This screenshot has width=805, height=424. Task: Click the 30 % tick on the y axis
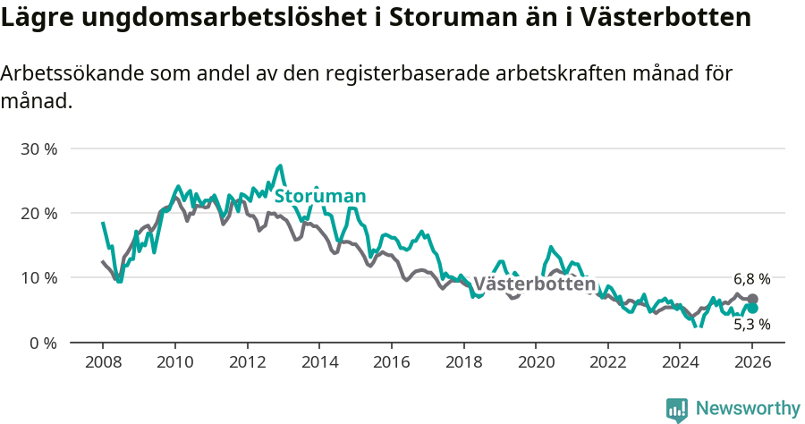pos(38,148)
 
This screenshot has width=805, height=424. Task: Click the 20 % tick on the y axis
pos(38,213)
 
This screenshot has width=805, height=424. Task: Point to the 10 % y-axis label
pos(38,278)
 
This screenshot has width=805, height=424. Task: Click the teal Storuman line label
pos(320,197)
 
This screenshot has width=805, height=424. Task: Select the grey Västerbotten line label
pos(534,284)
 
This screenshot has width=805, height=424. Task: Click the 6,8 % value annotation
pos(751,279)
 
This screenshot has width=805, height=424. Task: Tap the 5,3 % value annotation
pos(751,325)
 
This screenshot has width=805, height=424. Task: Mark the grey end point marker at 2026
pos(752,299)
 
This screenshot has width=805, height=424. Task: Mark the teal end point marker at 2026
pos(752,309)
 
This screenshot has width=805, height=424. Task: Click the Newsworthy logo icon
pos(677,409)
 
